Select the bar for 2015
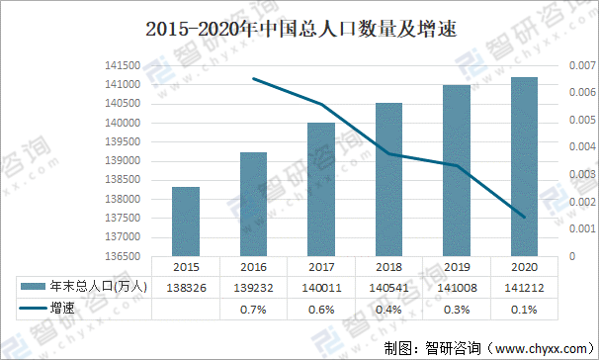[x=185, y=222]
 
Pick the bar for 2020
[x=523, y=166]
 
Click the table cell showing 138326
[x=185, y=287]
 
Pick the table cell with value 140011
[x=320, y=287]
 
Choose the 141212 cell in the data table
[x=523, y=287]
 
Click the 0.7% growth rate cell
[x=253, y=309]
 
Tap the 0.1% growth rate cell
[x=523, y=309]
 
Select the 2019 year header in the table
[x=456, y=266]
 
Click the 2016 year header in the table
[x=253, y=266]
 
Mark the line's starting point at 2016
[x=254, y=79]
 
